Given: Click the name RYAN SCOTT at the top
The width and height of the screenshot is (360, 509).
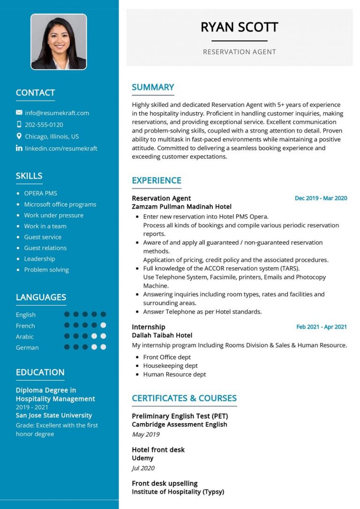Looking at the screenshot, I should click(239, 27).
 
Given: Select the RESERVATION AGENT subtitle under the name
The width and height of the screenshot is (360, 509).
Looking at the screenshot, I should click(239, 52).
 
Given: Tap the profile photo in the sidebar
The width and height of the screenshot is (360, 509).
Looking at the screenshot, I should click(59, 42).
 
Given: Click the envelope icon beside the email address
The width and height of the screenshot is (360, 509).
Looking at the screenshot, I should click(19, 112).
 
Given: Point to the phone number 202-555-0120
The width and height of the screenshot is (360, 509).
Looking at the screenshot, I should click(44, 125).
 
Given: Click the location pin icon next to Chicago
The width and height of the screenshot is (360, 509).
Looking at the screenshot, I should click(19, 136).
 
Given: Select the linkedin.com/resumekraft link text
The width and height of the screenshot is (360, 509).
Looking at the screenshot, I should click(61, 148).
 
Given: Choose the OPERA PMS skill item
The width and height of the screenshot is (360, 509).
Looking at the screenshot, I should click(40, 193).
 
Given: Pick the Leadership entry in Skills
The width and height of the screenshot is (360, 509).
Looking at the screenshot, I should click(39, 259).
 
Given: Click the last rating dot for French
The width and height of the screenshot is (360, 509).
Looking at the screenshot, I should click(103, 325).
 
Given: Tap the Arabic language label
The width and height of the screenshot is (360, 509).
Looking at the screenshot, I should click(25, 337).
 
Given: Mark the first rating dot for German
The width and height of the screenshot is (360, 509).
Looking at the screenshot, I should click(67, 347).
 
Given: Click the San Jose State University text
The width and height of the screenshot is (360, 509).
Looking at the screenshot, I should click(54, 415).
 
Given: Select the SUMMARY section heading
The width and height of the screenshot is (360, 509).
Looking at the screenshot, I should click(153, 87).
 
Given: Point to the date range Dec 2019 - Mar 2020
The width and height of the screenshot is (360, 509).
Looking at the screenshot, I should click(321, 198).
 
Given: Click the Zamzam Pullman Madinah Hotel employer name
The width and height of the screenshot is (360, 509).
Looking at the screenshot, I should click(181, 207).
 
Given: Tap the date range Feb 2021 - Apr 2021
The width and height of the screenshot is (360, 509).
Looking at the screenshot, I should click(322, 327).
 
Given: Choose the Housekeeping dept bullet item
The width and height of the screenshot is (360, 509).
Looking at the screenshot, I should click(170, 366).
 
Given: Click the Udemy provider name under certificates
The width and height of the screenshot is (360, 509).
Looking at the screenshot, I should click(143, 458).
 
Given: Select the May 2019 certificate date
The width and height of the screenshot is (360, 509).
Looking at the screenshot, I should click(146, 434).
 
